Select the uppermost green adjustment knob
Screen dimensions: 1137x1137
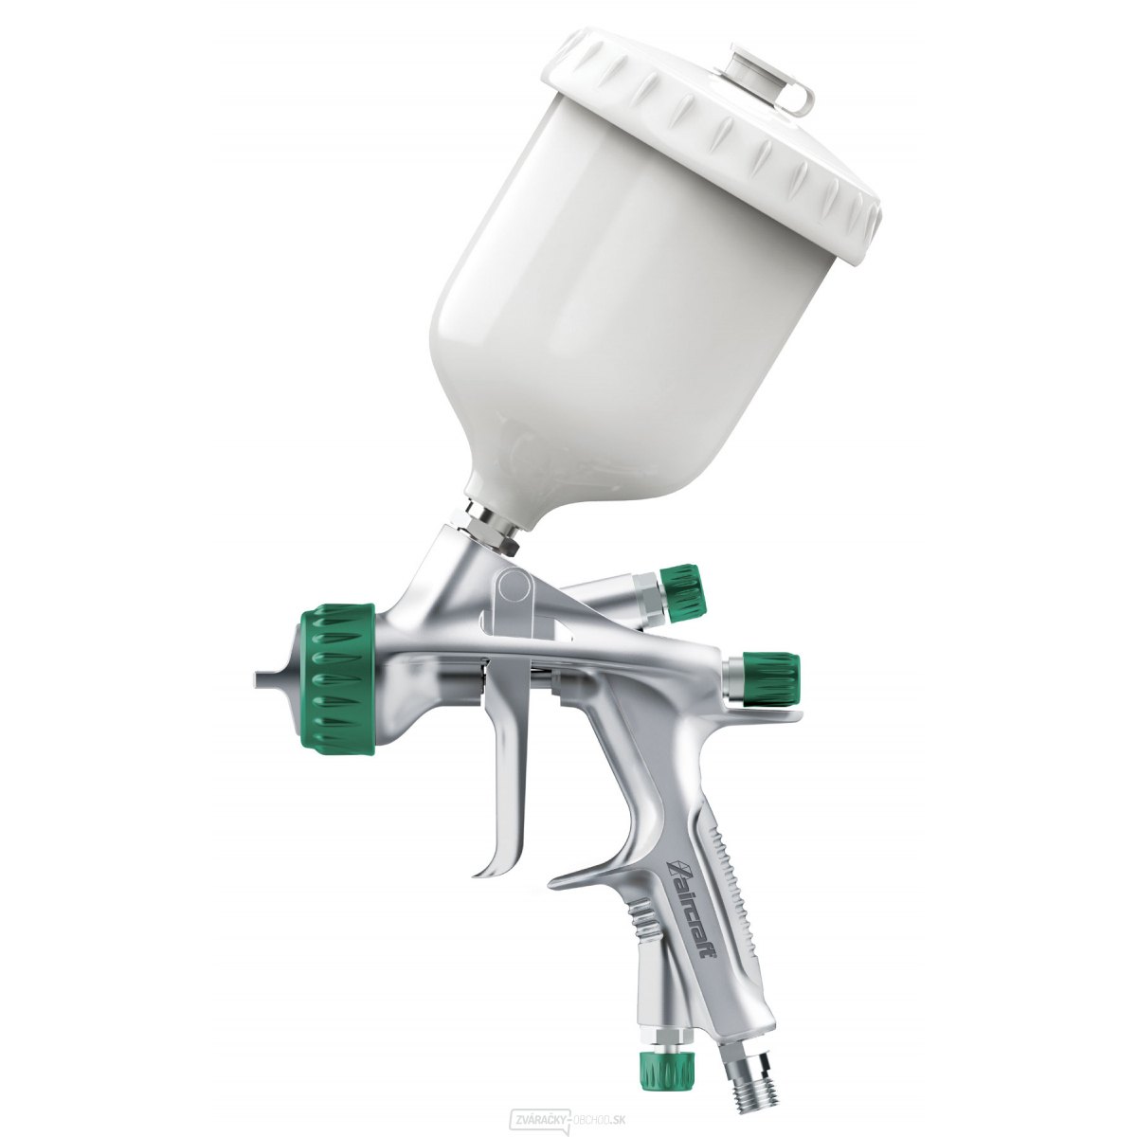[x=681, y=594]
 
